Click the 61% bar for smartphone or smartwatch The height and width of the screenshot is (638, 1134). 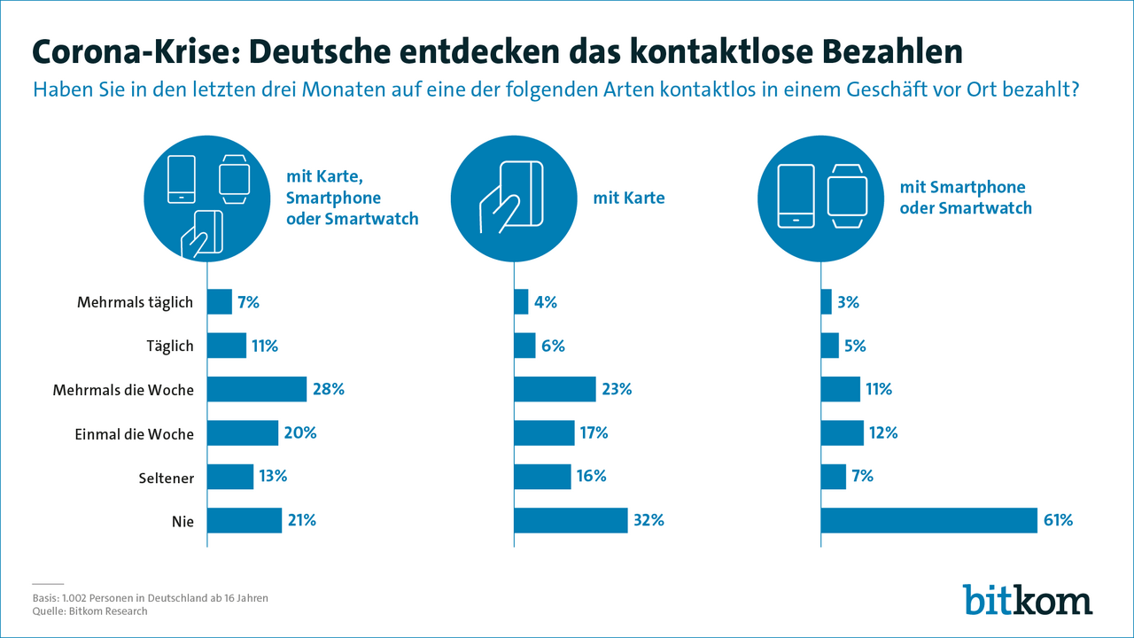(x=928, y=520)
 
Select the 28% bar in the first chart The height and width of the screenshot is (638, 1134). (x=257, y=389)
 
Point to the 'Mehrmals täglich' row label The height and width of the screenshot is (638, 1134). (x=136, y=302)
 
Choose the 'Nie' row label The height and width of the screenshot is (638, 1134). (x=183, y=520)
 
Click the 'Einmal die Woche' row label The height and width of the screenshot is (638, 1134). (x=134, y=433)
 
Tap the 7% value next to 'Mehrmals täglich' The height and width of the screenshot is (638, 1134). (x=248, y=302)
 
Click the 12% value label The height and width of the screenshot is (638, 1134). (x=883, y=433)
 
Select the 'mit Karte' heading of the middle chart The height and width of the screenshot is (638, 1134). (x=629, y=198)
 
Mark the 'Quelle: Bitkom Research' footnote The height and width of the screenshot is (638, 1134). (x=89, y=611)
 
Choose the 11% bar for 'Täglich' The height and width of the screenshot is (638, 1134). (x=227, y=346)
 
